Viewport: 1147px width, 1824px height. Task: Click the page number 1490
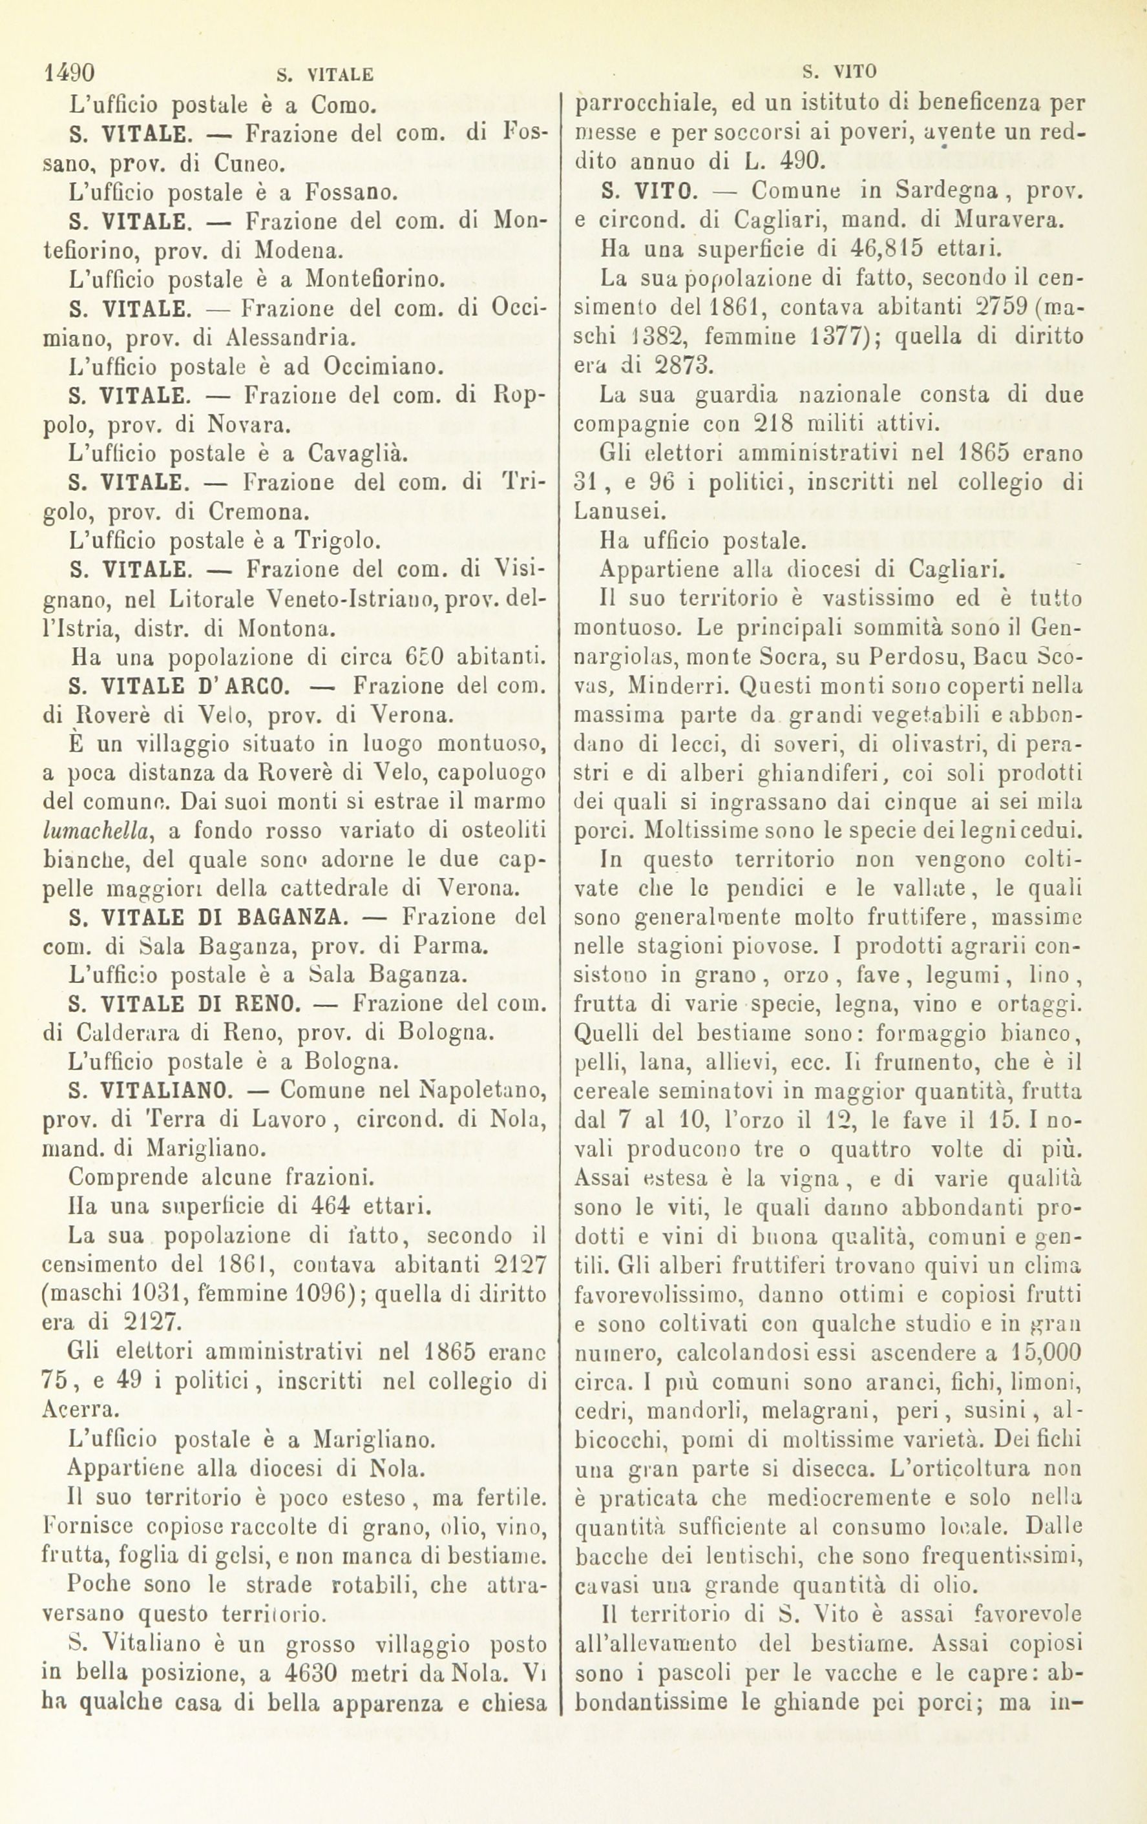coord(70,73)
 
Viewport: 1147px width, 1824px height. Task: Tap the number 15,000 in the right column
coord(1040,1351)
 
